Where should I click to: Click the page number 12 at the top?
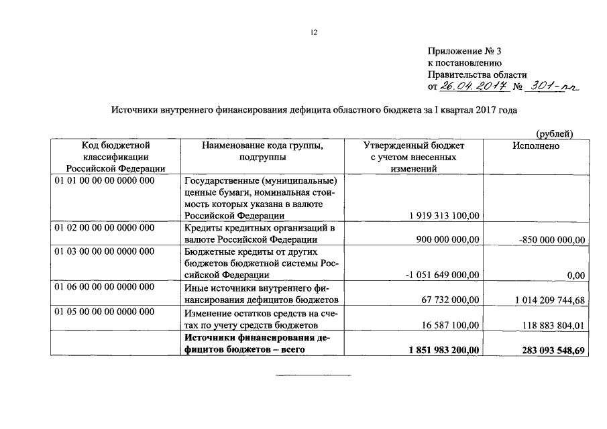313,33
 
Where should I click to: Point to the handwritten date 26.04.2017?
471,86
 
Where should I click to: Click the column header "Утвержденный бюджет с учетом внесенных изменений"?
413,157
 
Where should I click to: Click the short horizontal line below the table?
313,375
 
